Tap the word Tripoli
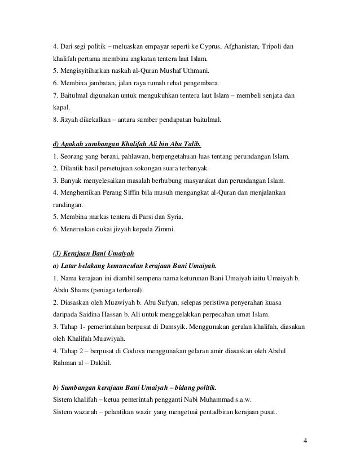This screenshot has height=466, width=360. (278, 45)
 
